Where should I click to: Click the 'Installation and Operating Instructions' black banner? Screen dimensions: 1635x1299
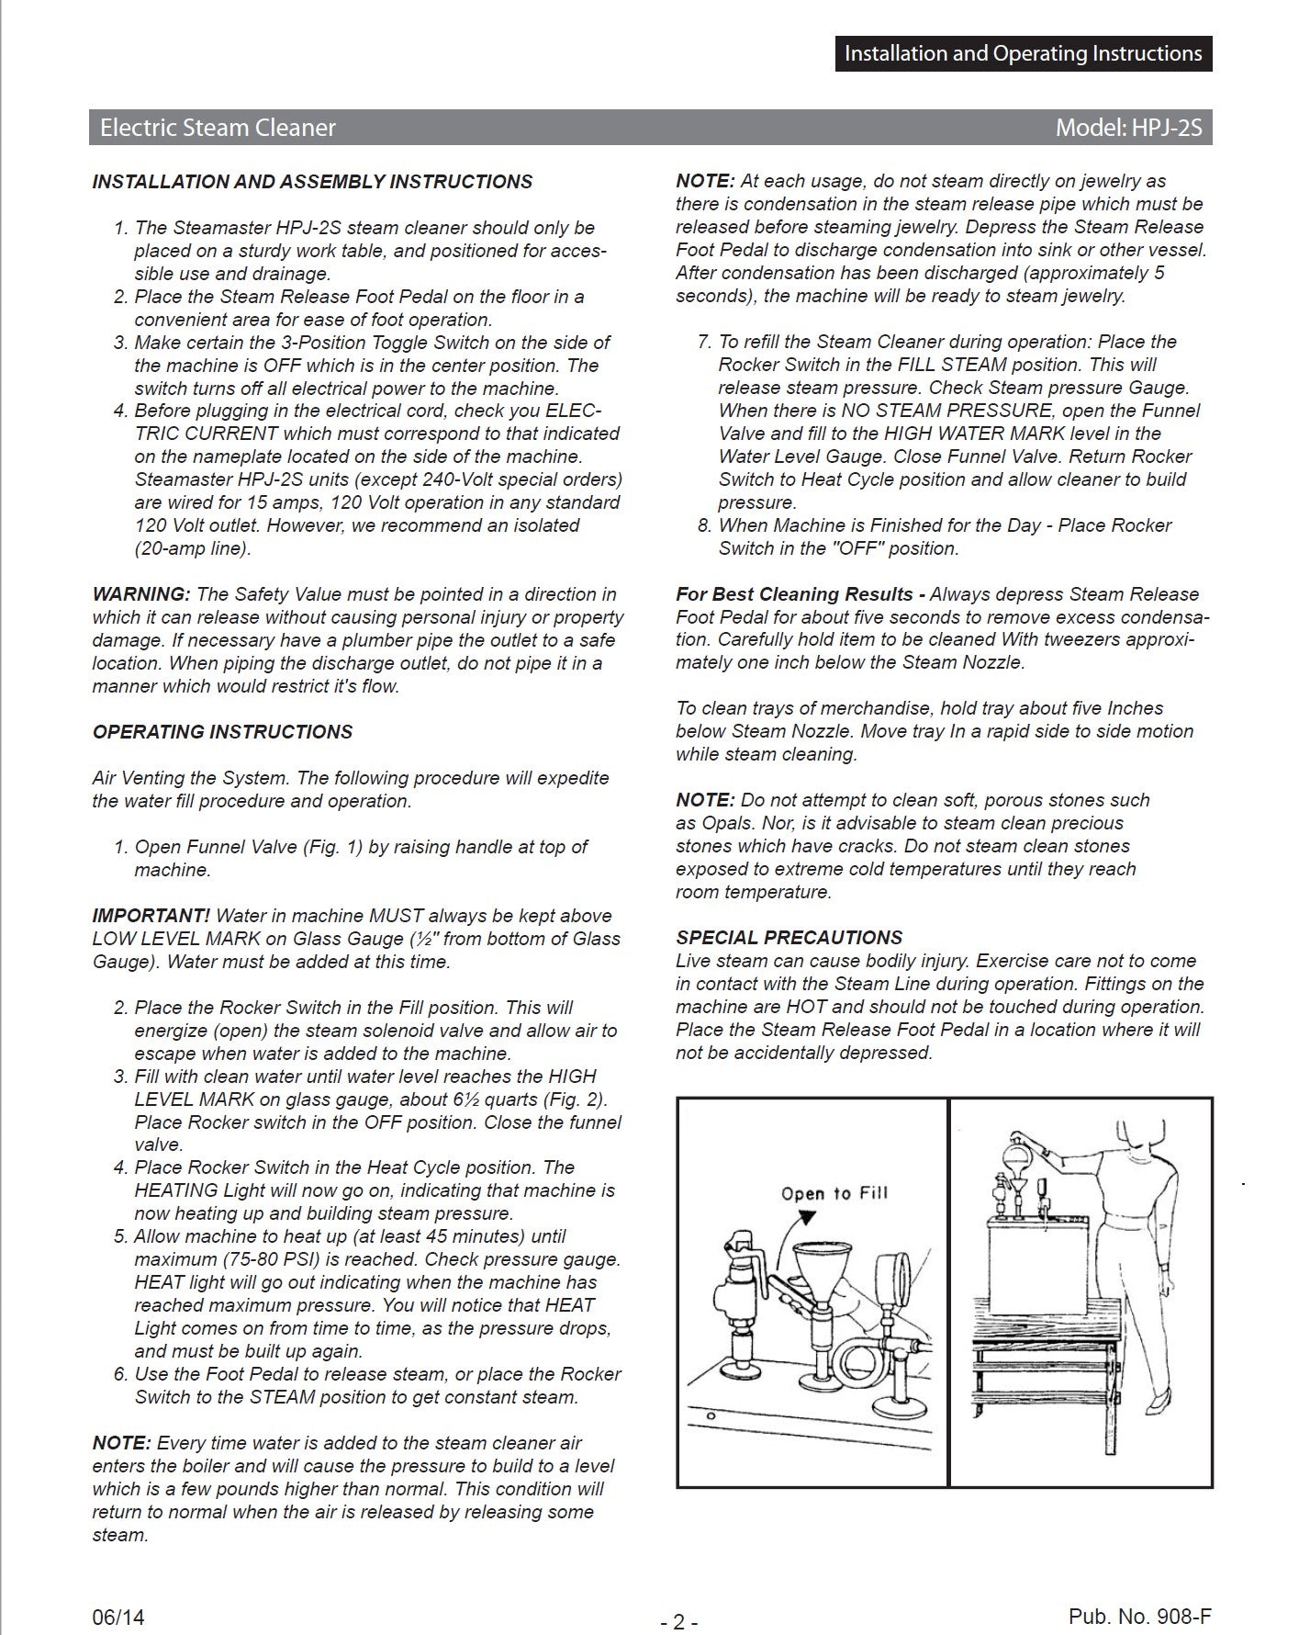(1023, 53)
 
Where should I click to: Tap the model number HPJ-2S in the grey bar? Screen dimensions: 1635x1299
(1128, 128)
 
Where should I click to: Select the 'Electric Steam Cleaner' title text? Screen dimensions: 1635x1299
(218, 128)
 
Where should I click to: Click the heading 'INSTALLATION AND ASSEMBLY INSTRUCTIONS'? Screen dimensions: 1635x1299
(312, 182)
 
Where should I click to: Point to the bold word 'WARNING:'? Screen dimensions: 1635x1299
(141, 594)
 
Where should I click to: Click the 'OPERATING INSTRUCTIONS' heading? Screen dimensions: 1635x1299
(222, 732)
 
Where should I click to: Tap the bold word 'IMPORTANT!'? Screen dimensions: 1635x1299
(151, 916)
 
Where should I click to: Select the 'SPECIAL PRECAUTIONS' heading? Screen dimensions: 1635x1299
(789, 938)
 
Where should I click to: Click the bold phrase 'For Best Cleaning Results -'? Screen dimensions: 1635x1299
(800, 594)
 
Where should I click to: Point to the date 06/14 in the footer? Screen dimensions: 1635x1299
(118, 1592)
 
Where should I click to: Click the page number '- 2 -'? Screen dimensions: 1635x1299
(679, 1596)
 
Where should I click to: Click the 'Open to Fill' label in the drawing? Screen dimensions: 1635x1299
(834, 1193)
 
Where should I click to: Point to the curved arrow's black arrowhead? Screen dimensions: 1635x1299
(808, 1216)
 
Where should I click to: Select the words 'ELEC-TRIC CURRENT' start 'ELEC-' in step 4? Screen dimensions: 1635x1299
(573, 411)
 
